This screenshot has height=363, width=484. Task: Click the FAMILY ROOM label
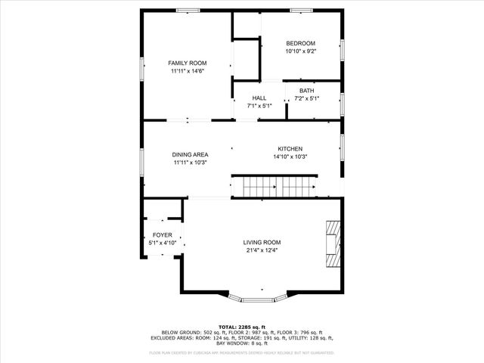point(188,63)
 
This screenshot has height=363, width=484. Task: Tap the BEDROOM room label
point(300,43)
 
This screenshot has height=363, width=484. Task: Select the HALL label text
point(259,98)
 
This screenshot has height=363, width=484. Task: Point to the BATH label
point(306,91)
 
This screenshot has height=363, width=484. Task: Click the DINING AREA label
point(190,154)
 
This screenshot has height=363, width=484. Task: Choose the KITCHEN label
point(290,148)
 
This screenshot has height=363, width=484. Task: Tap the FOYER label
point(162,234)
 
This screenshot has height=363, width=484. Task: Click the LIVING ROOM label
point(262,242)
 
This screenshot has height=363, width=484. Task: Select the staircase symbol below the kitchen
point(274,186)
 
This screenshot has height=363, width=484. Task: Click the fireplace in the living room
point(334,244)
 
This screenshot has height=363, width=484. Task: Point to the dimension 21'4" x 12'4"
point(262,250)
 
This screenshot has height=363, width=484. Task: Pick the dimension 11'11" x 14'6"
point(188,71)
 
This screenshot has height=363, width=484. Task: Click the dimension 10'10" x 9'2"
point(300,51)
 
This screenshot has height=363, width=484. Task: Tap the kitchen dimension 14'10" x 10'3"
point(290,157)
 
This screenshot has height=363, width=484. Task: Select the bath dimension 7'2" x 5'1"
point(306,98)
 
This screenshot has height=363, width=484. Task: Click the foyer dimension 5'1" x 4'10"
point(162,243)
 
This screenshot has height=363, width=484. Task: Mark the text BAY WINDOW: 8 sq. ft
point(242,343)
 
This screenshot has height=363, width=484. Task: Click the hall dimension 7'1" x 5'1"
point(259,106)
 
